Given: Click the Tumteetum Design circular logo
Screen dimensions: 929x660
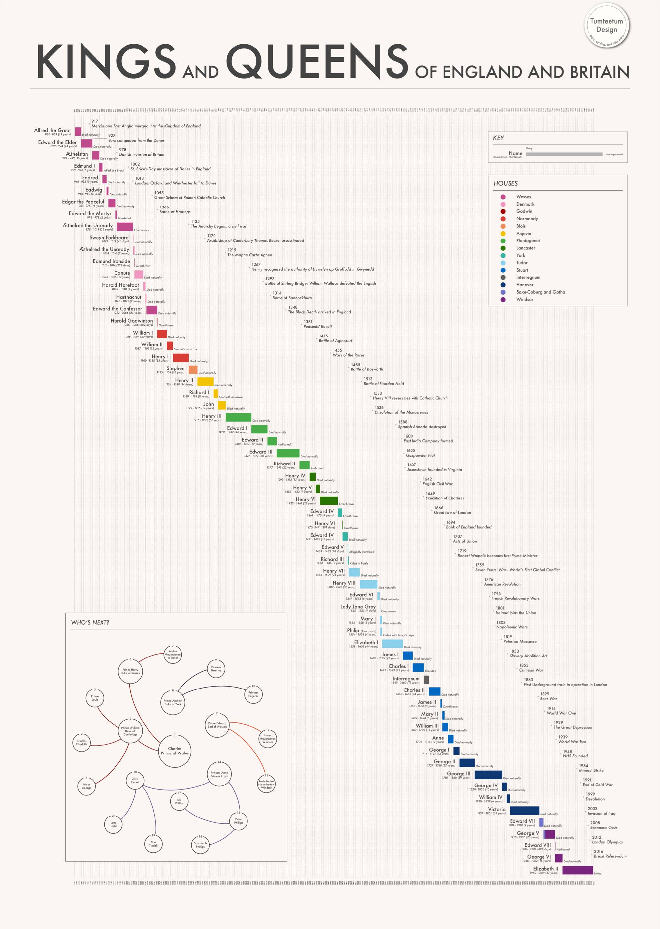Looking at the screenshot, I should tap(606, 25).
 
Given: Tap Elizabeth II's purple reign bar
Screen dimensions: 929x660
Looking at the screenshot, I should tap(577, 870).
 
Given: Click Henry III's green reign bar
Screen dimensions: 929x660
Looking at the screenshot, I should tap(238, 417).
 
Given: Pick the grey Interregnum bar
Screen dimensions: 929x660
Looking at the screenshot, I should tap(426, 679).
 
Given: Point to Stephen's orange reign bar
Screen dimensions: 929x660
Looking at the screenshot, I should tap(193, 369).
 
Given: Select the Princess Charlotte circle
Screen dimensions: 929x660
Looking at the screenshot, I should tap(82, 742).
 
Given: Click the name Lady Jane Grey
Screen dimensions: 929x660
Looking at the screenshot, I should tap(358, 606).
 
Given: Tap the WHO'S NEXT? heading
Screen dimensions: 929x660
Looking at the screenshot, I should tap(90, 622).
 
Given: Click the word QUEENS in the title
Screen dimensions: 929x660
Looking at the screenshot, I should tap(316, 62).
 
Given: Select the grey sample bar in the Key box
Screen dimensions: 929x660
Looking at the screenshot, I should tap(564, 154).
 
